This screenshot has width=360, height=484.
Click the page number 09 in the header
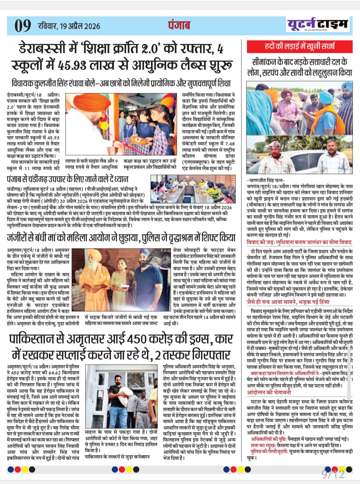pyautogui.click(x=23, y=26)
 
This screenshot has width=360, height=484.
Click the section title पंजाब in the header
pyautogui.click(x=179, y=25)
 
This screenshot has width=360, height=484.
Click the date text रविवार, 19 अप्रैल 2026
pyautogui.click(x=69, y=26)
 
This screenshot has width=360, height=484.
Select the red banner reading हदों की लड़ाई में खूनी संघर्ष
pyautogui.click(x=300, y=46)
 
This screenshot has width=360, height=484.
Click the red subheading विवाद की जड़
pyautogui.click(x=299, y=243)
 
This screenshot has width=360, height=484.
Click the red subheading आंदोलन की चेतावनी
pyautogui.click(x=269, y=392)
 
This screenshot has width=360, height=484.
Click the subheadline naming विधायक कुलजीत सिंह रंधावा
pyautogui.click(x=121, y=83)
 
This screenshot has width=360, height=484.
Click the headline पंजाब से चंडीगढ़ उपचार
pyautogui.click(x=67, y=179)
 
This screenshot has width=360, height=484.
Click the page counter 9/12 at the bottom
pyautogui.click(x=333, y=474)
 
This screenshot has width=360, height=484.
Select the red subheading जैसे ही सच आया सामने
pyautogui.click(x=288, y=302)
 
